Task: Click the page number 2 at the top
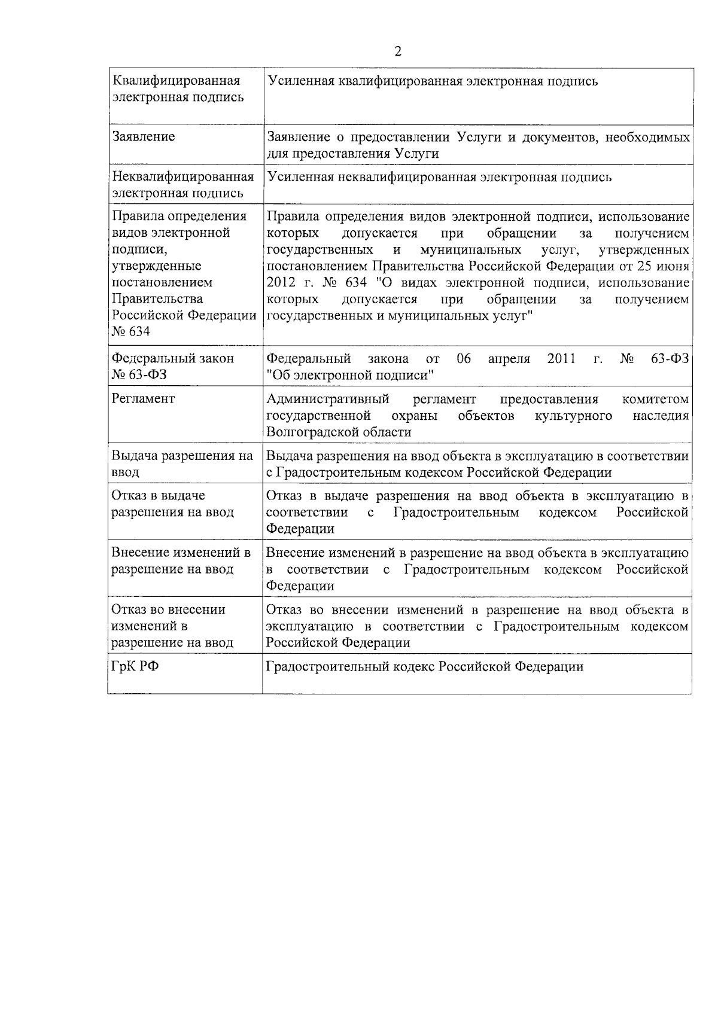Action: pos(398,51)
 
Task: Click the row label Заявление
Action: pos(144,137)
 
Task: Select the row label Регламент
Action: pos(144,399)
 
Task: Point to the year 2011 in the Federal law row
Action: pos(561,359)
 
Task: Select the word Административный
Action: pos(327,399)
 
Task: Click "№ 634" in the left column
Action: pos(130,332)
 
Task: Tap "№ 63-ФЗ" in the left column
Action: pos(135,376)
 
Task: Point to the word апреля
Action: pos(509,359)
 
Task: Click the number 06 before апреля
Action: pos(464,359)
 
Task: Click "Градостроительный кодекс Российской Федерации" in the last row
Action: pos(424,666)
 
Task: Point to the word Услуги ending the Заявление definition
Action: pos(417,154)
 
